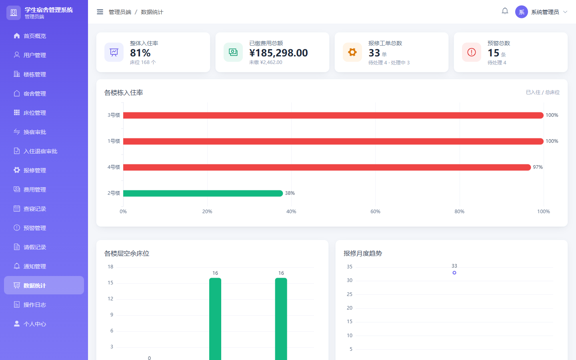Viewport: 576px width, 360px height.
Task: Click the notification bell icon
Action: (505, 11)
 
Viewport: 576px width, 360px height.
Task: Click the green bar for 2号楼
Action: (203, 193)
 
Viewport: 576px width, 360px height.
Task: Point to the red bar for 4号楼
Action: (327, 167)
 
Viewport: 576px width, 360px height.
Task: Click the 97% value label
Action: (538, 167)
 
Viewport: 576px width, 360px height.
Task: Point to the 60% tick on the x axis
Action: (375, 211)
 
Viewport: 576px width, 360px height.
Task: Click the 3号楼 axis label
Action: (114, 115)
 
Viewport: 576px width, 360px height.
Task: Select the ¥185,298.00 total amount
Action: (278, 53)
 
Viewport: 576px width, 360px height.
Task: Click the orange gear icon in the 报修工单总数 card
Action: (352, 52)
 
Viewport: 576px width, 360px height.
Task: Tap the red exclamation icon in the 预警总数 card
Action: (471, 52)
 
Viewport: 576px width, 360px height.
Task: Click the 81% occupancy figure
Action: (140, 53)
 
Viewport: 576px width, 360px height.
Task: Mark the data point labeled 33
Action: (454, 272)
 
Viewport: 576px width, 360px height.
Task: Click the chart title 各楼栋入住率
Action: (124, 92)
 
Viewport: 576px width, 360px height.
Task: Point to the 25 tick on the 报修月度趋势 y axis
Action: (350, 294)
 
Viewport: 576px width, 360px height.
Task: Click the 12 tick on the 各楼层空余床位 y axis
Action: (110, 298)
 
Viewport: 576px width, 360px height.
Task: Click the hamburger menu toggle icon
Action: (100, 12)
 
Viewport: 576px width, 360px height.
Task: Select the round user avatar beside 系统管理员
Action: (522, 12)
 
